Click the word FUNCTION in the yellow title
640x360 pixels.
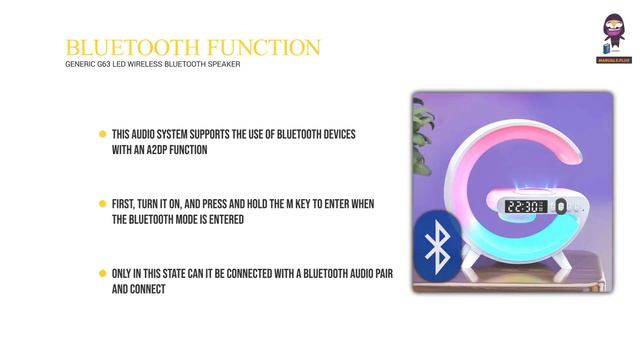[x=265, y=47]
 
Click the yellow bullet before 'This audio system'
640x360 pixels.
[x=102, y=134]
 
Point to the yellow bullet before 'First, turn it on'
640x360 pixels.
[x=102, y=204]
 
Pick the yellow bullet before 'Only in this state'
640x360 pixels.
[x=102, y=273]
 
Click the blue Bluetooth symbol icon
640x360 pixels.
[x=436, y=246]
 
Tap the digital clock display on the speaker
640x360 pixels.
[x=525, y=207]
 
